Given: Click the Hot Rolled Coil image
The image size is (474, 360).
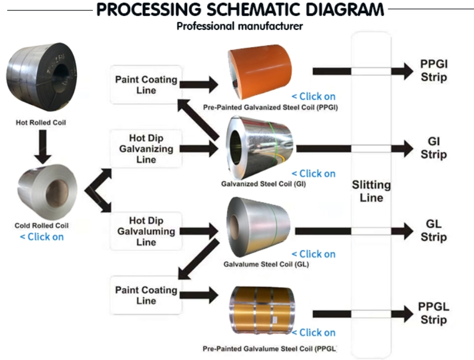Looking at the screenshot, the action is (42, 76).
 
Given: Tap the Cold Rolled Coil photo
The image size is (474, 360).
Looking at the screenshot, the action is (47, 192).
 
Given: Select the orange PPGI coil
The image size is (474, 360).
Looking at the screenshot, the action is (260, 72).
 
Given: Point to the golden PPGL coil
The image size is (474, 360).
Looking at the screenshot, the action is (262, 310).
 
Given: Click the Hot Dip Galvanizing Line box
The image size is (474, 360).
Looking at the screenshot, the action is (146, 149).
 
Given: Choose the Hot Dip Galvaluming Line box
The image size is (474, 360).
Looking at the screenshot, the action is (146, 232).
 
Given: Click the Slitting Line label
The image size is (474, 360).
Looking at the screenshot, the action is (371, 191).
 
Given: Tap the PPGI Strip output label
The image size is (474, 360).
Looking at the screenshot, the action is (434, 70).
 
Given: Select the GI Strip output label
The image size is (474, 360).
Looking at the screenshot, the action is (434, 148).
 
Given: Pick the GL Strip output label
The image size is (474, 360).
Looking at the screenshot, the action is (434, 230).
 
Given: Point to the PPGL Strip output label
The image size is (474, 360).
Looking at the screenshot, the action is (434, 313).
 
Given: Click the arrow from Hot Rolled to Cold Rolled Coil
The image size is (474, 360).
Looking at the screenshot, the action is (43, 147).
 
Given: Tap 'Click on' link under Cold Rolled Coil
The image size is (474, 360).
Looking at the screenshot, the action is (42, 236).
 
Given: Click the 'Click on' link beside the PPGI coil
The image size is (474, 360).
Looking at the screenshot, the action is (313, 96).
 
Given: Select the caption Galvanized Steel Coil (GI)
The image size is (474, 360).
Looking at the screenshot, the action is (263, 184).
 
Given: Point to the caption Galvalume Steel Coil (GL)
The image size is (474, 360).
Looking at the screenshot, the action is (266, 264).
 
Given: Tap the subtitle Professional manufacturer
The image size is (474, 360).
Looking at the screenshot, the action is (239, 26).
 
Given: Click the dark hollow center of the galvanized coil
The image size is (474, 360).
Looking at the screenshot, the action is (235, 148).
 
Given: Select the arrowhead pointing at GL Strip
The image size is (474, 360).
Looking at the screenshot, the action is (403, 232).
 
